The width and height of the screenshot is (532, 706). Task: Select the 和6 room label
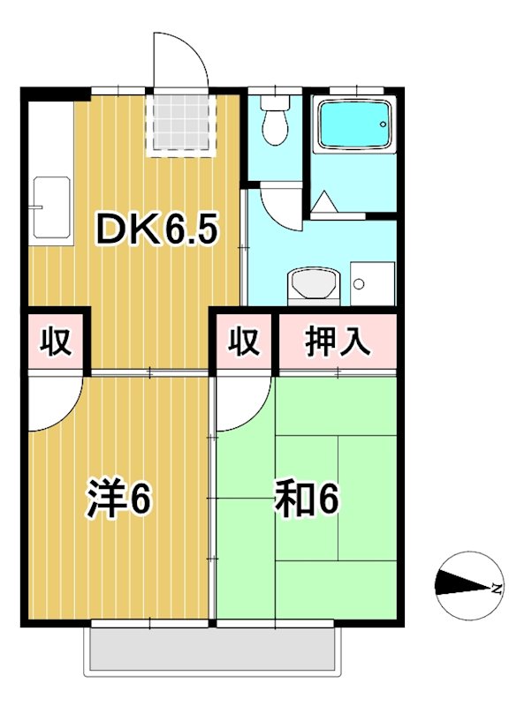click(x=306, y=500)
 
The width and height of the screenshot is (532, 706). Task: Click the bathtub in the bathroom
click(x=353, y=125)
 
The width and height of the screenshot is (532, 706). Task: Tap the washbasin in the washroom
click(x=311, y=285)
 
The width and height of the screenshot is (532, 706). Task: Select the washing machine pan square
click(x=371, y=283)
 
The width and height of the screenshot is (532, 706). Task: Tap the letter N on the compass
click(x=497, y=587)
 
